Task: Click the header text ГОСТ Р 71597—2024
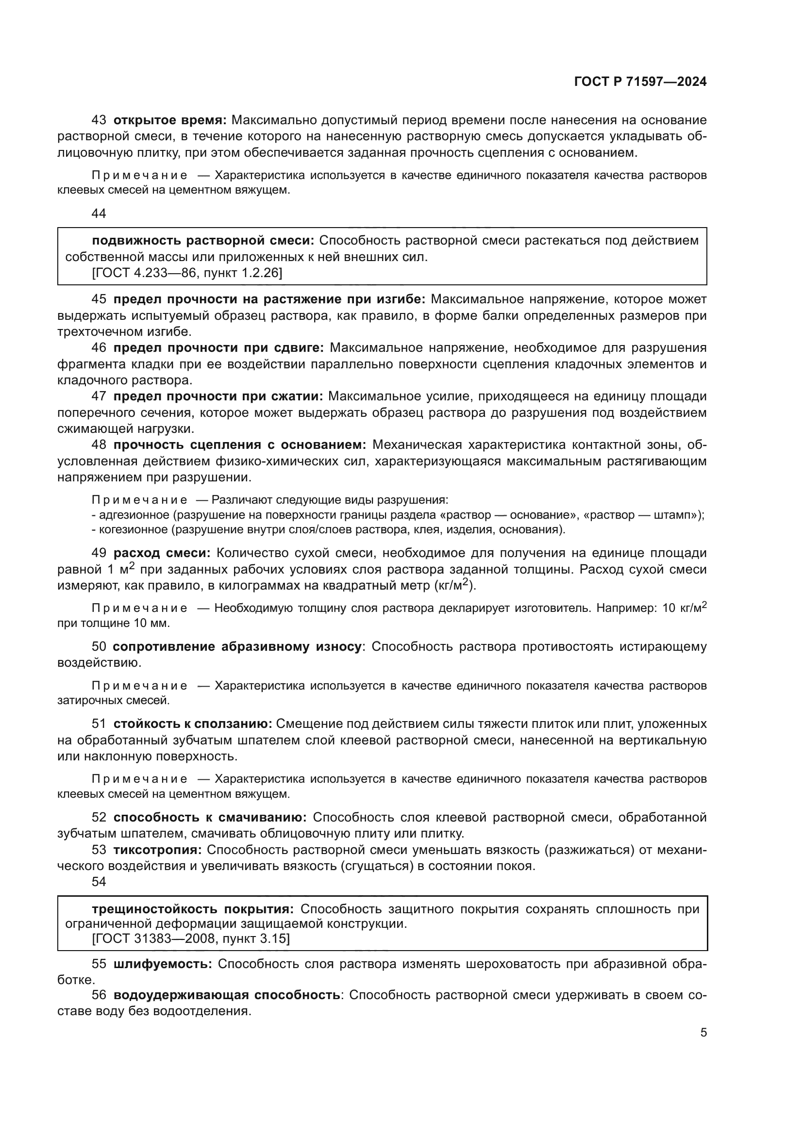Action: (x=640, y=82)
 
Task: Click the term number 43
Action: (x=99, y=120)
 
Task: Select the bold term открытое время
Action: (x=169, y=120)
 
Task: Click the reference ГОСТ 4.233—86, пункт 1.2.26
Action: (x=187, y=272)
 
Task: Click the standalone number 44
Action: (x=99, y=214)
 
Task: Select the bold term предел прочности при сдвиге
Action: (x=218, y=348)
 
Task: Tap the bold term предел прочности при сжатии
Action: (x=217, y=396)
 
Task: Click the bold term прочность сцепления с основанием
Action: (x=239, y=445)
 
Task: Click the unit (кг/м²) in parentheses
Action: (x=454, y=586)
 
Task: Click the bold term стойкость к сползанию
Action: (x=192, y=724)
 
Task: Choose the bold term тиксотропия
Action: (x=157, y=850)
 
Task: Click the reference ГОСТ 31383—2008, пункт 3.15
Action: (x=190, y=938)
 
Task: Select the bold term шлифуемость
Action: (x=162, y=964)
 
